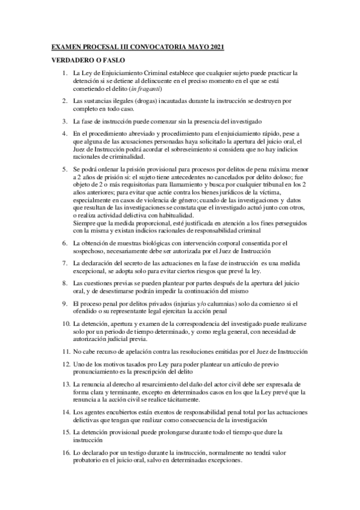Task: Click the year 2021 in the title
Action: tap(213, 46)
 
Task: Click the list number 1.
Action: tap(65, 73)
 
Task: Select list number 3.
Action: tap(65, 121)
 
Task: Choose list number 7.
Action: tap(65, 263)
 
